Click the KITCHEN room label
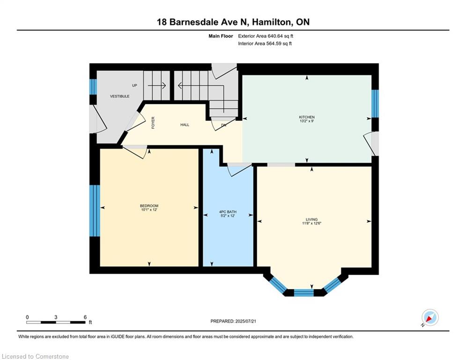point(307,117)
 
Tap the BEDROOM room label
point(149,206)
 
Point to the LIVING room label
point(311,219)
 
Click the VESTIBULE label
point(119,96)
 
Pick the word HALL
point(185,125)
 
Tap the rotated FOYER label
point(153,122)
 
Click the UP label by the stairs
point(134,86)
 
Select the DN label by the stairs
point(224,125)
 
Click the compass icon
point(429,318)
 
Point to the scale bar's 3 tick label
point(56,317)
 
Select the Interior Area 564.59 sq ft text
point(265,44)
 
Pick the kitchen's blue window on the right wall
point(375,103)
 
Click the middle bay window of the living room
point(303,292)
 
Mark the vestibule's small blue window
point(93,87)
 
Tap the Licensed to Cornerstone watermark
point(35,357)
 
